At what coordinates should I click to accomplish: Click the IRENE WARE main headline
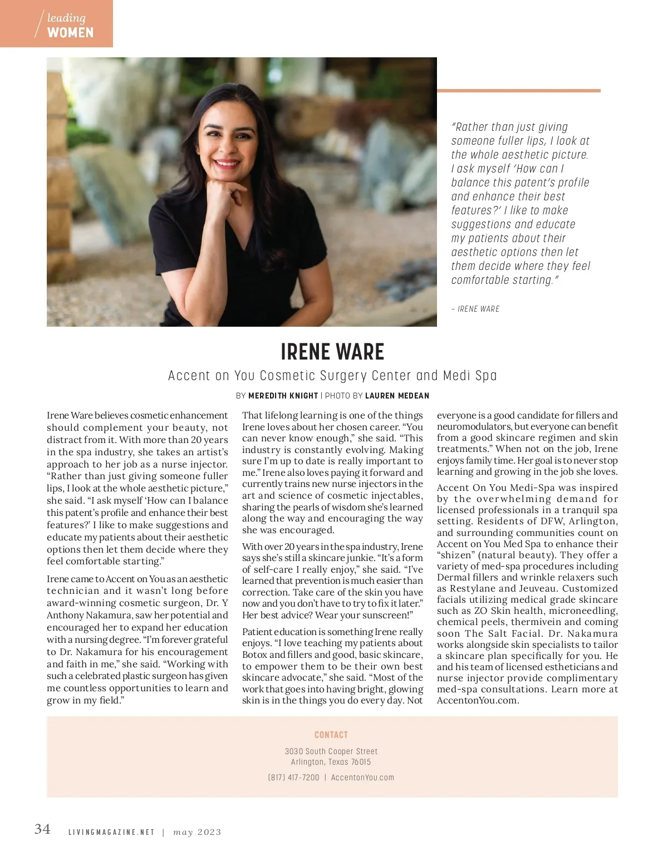click(332, 352)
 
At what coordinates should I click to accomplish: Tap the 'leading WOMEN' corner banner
click(56, 24)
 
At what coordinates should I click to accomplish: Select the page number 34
click(42, 829)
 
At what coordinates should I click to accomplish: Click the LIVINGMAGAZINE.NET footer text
click(111, 833)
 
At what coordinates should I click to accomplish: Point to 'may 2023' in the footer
click(197, 833)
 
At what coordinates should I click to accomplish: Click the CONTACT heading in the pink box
click(331, 735)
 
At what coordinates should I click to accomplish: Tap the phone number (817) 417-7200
click(294, 778)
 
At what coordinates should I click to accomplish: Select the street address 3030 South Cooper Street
click(331, 751)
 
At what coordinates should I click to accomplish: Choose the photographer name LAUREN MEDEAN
click(397, 396)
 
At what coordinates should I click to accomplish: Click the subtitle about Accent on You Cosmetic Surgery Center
click(332, 376)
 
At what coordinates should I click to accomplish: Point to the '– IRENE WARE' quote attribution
click(475, 309)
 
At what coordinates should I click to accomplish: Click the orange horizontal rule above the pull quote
click(518, 90)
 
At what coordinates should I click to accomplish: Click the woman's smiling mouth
click(227, 164)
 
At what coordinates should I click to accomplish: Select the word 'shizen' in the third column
click(456, 555)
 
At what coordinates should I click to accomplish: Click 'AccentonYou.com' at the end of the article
click(478, 701)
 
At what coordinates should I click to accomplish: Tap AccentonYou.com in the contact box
click(362, 778)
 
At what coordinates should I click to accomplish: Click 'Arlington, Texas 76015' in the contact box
click(331, 762)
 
